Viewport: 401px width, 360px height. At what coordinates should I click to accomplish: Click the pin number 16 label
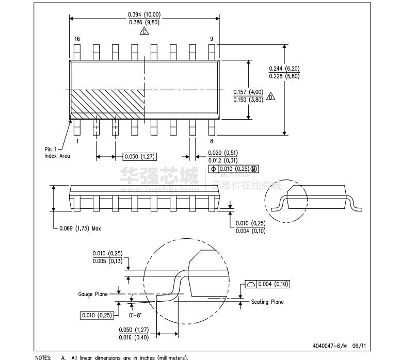pos(77,39)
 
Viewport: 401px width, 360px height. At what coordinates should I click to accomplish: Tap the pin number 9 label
pos(211,39)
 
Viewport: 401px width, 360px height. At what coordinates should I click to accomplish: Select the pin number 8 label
pos(212,141)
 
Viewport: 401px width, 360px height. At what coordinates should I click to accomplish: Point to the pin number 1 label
pos(77,141)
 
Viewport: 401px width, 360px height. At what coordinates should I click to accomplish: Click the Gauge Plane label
pos(93,294)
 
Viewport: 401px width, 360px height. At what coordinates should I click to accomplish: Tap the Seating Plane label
pos(267,302)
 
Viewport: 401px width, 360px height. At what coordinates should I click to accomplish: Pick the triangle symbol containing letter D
pos(271,96)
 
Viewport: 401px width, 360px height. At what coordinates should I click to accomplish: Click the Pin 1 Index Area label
pos(57,152)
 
